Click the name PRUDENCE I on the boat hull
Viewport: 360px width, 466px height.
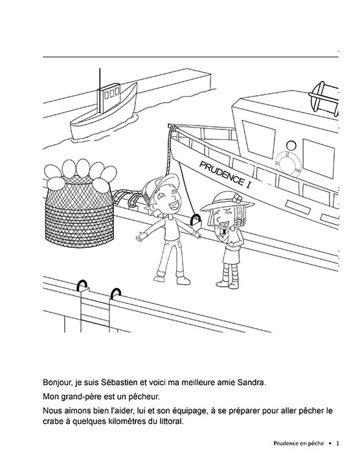[225, 174]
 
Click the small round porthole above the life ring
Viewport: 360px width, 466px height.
[291, 146]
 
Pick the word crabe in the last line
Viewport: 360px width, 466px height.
[52, 422]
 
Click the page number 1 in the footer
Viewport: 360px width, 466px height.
[337, 443]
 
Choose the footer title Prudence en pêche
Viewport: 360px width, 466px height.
[298, 443]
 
